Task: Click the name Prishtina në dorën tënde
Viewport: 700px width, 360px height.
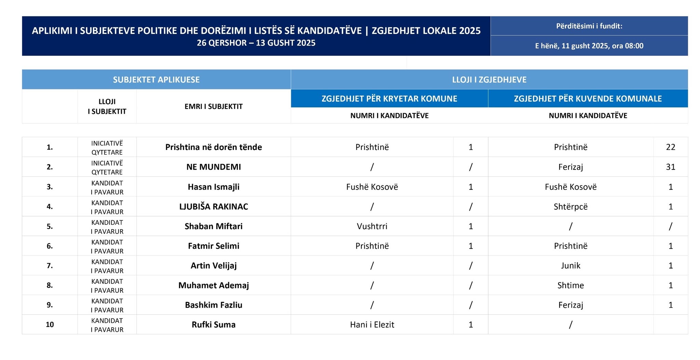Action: (x=214, y=147)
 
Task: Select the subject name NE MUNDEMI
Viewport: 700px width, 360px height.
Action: (x=214, y=167)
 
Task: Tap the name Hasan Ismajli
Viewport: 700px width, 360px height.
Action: (x=214, y=187)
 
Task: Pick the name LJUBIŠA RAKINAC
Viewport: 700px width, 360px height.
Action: (x=214, y=207)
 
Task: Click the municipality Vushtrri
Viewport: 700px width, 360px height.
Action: (x=372, y=226)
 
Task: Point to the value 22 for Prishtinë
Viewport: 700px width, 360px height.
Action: (x=670, y=147)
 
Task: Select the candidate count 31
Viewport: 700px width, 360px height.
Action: (x=670, y=167)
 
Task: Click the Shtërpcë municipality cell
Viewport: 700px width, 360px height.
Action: (x=570, y=207)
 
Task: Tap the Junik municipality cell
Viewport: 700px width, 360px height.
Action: (x=570, y=266)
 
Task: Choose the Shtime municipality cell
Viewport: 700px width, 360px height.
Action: (x=570, y=286)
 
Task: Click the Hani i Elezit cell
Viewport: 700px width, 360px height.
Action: (x=372, y=325)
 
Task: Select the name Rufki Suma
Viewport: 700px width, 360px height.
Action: (x=214, y=325)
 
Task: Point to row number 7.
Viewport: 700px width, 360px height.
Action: (x=50, y=266)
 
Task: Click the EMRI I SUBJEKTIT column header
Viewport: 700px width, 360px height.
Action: (x=214, y=107)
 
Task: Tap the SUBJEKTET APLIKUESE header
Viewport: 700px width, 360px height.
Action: (x=156, y=80)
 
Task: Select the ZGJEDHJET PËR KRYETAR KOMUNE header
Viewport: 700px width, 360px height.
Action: (x=389, y=99)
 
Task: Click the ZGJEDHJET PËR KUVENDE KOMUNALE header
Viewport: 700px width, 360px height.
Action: (x=588, y=99)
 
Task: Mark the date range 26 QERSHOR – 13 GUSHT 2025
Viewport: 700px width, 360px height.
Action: (x=256, y=43)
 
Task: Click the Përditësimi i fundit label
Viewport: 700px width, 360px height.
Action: (x=589, y=26)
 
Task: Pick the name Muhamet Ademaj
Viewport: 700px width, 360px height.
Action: (x=214, y=286)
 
